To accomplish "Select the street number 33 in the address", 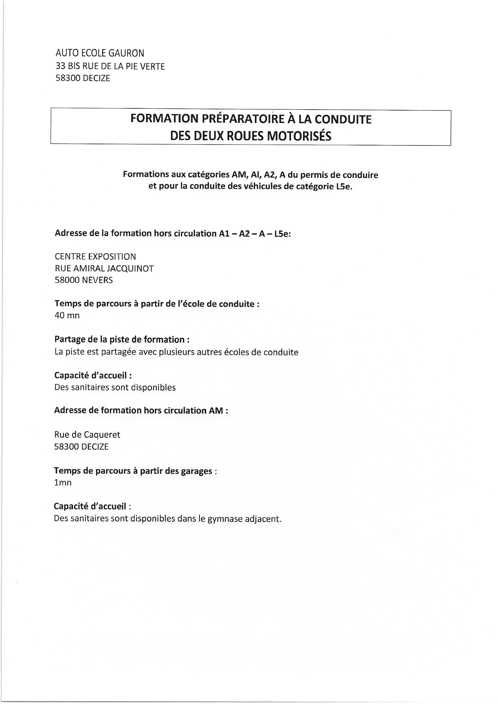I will coord(61,66).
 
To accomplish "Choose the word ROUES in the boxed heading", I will coord(244,136).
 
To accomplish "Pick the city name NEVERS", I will coord(98,280).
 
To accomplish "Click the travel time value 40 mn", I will coord(67,316).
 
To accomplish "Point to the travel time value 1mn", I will coord(63,483).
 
